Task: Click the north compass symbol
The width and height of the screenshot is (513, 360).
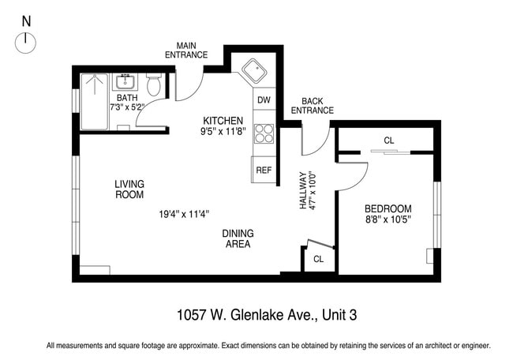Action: pyautogui.click(x=26, y=42)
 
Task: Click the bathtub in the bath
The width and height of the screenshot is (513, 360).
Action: pyautogui.click(x=95, y=100)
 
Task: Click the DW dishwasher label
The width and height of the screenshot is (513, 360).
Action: pyautogui.click(x=264, y=100)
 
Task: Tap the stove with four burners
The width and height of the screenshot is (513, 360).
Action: pyautogui.click(x=264, y=135)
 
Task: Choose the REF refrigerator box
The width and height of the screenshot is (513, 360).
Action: pyautogui.click(x=264, y=168)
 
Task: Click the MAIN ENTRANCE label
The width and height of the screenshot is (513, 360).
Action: pyautogui.click(x=186, y=50)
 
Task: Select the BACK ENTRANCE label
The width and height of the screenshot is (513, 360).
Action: pyautogui.click(x=312, y=106)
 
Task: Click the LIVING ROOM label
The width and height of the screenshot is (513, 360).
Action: pyautogui.click(x=129, y=189)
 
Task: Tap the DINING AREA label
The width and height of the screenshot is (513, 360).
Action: pyautogui.click(x=237, y=238)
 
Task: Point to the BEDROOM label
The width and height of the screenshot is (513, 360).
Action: pyautogui.click(x=388, y=208)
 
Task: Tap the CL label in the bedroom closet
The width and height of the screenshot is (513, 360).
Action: pyautogui.click(x=388, y=141)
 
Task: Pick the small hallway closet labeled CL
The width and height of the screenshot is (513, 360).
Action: pyautogui.click(x=318, y=259)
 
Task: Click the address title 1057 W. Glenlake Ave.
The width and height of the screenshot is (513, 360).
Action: pyautogui.click(x=268, y=316)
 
